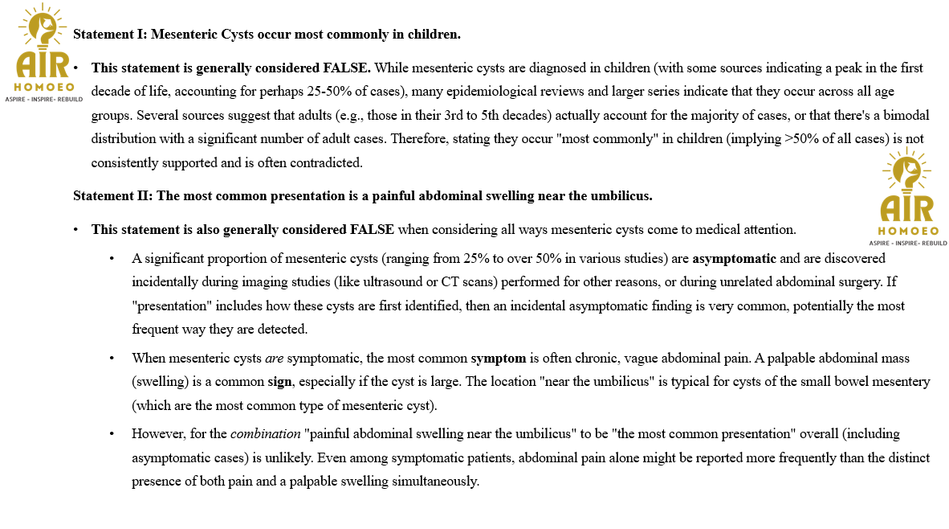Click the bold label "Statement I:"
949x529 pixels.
pyautogui.click(x=109, y=35)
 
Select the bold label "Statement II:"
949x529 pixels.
pyautogui.click(x=112, y=195)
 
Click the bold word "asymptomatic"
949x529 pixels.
pyautogui.click(x=734, y=259)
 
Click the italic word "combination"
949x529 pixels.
pyautogui.click(x=265, y=434)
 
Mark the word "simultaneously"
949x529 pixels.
pyautogui.click(x=437, y=482)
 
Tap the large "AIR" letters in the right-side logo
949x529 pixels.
pyautogui.click(x=907, y=208)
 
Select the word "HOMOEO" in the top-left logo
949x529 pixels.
pyautogui.click(x=44, y=87)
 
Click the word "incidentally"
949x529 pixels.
pyautogui.click(x=167, y=282)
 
